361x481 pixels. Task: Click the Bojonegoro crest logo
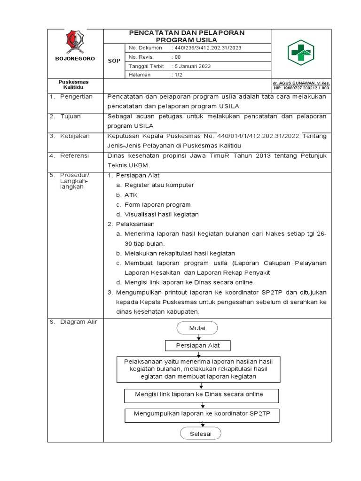point(75,41)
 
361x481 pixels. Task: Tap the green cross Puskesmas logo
point(300,53)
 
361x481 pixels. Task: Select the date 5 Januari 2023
point(192,66)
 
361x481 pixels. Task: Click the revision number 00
point(177,57)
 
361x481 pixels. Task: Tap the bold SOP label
point(114,61)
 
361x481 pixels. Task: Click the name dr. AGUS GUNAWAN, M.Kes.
point(302,82)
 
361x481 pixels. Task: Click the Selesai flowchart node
point(200,434)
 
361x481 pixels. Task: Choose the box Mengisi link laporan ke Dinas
point(200,395)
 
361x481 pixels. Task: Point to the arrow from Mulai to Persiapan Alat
point(199,337)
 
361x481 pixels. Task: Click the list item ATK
point(131,194)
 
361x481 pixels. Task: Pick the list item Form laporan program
point(157,204)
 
